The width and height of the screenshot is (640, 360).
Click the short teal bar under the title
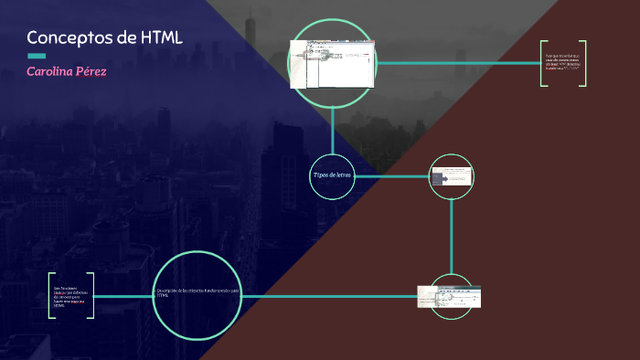[x=36, y=56]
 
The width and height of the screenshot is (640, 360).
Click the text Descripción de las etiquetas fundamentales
[x=197, y=293]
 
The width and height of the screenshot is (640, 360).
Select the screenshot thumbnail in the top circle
[x=332, y=63]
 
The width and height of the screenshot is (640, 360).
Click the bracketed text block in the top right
[x=562, y=63]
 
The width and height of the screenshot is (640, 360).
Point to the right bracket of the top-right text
[x=582, y=63]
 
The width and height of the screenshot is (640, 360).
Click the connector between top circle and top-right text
[x=457, y=63]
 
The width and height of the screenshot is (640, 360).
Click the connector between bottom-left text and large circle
[x=123, y=296]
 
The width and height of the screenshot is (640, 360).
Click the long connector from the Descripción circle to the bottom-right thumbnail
[x=329, y=296]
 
